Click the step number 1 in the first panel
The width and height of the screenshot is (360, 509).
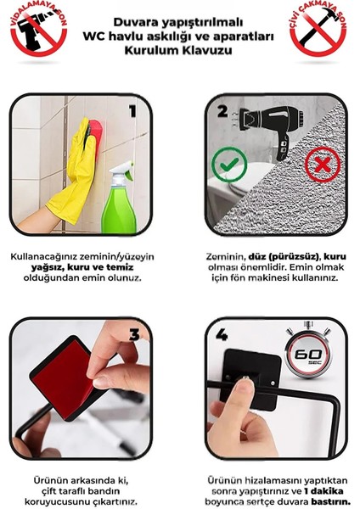pyautogui.click(x=132, y=110)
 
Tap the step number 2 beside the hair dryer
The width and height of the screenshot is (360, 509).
pyautogui.click(x=222, y=110)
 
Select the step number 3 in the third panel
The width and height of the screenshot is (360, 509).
pyautogui.click(x=133, y=334)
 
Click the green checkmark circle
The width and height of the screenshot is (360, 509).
pyautogui.click(x=229, y=166)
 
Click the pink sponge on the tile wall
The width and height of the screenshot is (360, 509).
pyautogui.click(x=93, y=129)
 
